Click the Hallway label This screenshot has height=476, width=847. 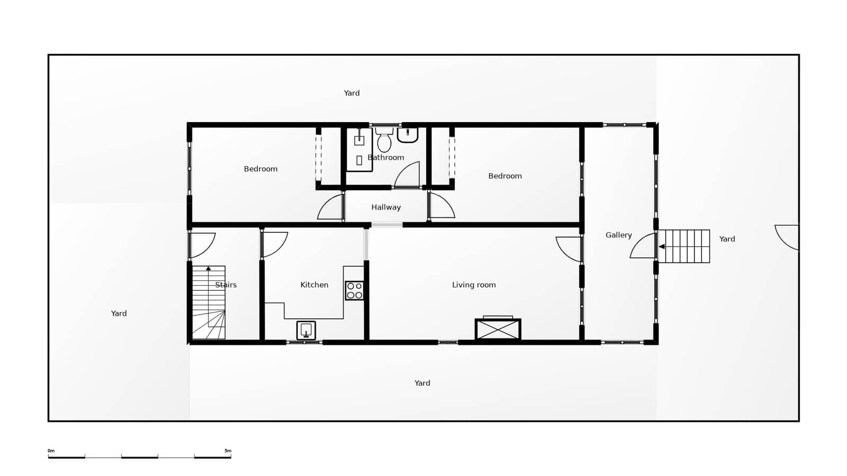(x=386, y=207)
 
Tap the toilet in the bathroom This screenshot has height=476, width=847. (x=384, y=140)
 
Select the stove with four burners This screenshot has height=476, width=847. (x=354, y=291)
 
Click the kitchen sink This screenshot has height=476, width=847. (x=306, y=331)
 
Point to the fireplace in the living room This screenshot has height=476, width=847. (x=498, y=329)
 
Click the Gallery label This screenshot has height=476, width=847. (x=618, y=235)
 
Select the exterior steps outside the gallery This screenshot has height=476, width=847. (x=684, y=246)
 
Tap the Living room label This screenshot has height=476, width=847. (x=474, y=285)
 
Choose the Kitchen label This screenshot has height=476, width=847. (x=314, y=285)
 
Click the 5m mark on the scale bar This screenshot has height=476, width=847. (x=228, y=451)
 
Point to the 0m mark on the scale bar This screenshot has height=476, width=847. (x=51, y=451)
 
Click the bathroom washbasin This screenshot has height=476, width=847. (x=408, y=135)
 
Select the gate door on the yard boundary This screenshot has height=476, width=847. (x=787, y=236)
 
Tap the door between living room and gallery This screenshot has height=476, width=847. (x=569, y=249)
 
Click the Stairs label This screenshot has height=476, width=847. (x=226, y=285)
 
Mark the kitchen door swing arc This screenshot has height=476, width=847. (x=275, y=244)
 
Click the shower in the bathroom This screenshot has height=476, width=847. (x=359, y=150)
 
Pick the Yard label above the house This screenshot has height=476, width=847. (x=352, y=93)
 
